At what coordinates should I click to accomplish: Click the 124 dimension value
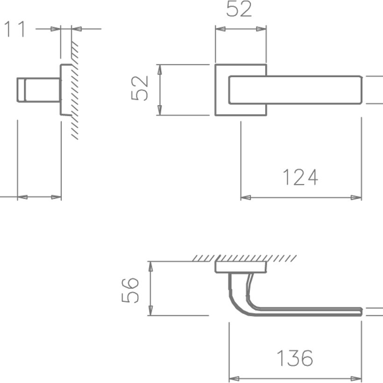300,177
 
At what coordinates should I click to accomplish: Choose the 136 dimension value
294,359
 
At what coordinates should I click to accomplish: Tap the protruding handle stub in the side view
37,90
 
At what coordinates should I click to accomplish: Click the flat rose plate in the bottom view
241,267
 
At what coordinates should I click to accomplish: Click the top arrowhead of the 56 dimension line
151,265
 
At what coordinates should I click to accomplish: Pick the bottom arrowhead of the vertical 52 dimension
160,112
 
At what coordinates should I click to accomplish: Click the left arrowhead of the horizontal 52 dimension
219,29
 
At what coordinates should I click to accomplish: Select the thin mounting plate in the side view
64,90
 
